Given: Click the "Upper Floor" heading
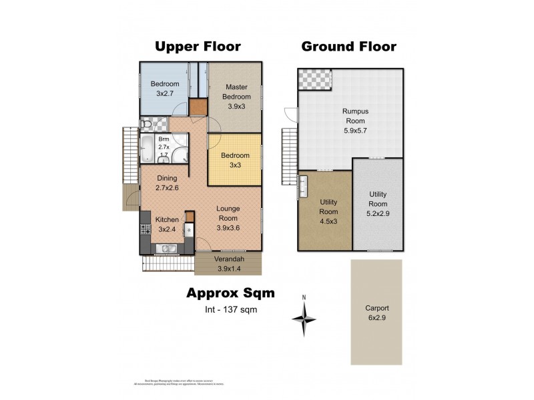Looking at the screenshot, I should tap(198, 46).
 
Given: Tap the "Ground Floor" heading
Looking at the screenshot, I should tap(348, 46).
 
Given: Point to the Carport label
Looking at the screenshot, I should tap(377, 313).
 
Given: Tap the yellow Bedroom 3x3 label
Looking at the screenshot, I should tap(236, 160).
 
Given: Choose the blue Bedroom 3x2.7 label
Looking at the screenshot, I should tap(164, 89).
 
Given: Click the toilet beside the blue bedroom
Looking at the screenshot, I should tap(146, 125).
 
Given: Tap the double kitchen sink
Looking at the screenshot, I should tap(167, 249).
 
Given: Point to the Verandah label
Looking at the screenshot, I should tap(230, 264).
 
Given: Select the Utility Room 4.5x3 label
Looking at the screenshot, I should tap(328, 211).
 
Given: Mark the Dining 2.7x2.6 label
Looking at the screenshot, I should tap(167, 183).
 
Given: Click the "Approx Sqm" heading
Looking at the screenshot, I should tap(230, 293).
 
